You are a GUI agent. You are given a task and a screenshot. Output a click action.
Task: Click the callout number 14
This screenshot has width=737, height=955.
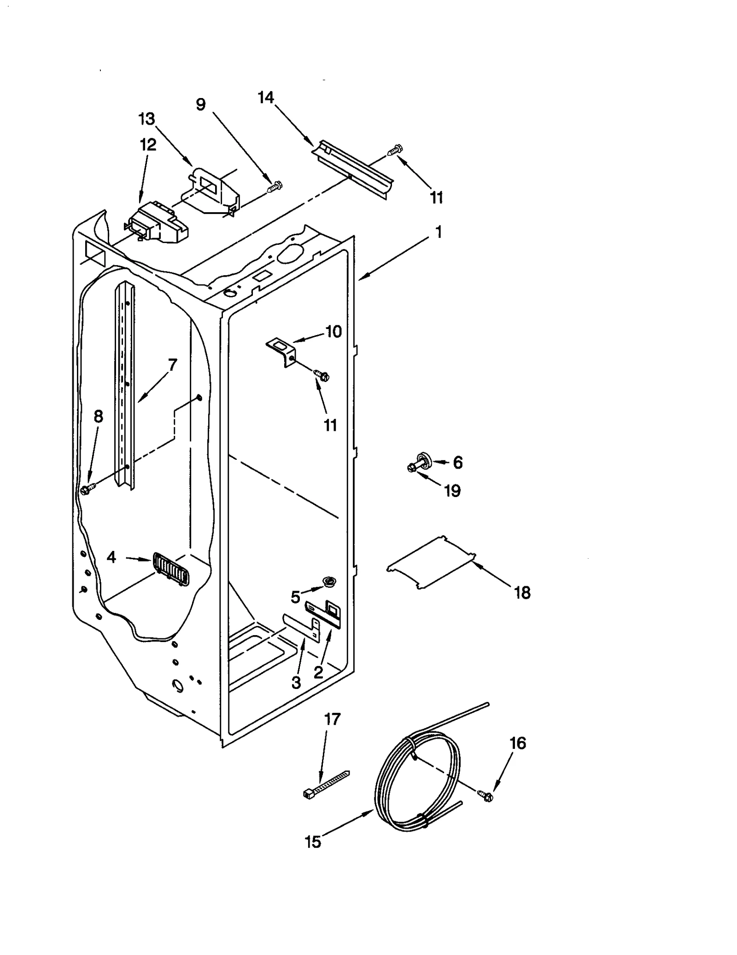pyautogui.click(x=266, y=98)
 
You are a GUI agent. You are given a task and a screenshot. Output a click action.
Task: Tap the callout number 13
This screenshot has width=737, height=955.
pyautogui.click(x=146, y=119)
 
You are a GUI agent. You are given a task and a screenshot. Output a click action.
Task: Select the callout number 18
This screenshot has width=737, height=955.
pyautogui.click(x=522, y=593)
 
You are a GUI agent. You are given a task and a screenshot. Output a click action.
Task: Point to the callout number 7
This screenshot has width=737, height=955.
pyautogui.click(x=172, y=365)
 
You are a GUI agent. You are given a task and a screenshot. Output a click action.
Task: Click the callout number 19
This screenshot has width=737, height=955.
pyautogui.click(x=452, y=491)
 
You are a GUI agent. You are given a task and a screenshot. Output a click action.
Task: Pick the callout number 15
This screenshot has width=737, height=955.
pyautogui.click(x=313, y=842)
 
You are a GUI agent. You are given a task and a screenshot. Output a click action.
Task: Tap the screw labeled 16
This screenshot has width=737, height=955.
pyautogui.click(x=485, y=795)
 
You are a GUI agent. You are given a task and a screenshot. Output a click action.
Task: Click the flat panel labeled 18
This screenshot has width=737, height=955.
pyautogui.click(x=431, y=562)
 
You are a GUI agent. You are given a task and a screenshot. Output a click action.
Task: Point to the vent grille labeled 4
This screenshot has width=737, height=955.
pyautogui.click(x=170, y=569)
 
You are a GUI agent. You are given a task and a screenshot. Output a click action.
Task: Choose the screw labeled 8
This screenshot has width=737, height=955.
pyautogui.click(x=86, y=490)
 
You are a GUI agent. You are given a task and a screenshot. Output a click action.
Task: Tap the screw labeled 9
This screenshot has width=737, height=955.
pyautogui.click(x=275, y=186)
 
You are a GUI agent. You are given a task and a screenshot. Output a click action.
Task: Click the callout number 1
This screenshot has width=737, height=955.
pyautogui.click(x=439, y=232)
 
